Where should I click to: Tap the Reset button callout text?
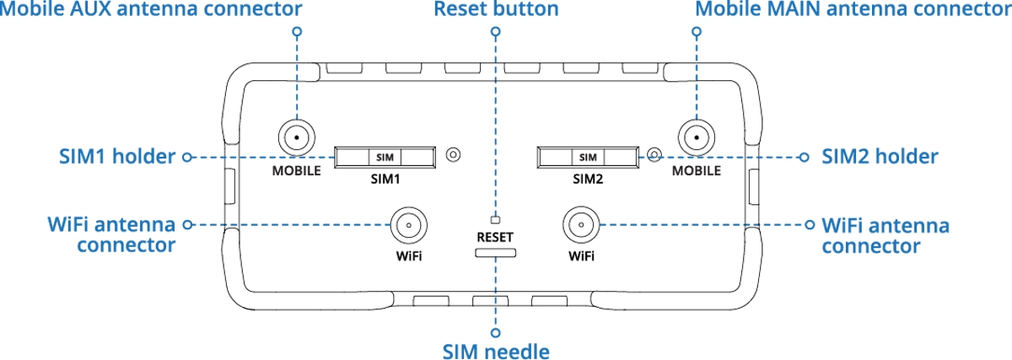pos(496,10)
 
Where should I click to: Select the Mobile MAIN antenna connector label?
pos(853,10)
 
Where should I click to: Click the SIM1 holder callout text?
pos(117,157)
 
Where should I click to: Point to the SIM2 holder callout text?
pos(880,157)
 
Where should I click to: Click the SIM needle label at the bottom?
pos(496,351)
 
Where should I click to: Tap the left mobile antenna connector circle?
pos(296,137)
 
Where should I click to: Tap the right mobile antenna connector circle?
pos(696,137)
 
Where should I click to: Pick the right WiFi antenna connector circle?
pos(581,225)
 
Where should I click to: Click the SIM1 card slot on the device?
pos(385,157)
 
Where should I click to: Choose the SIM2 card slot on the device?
pos(588,157)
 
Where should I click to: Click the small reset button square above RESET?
pos(496,218)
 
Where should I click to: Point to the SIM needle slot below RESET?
pos(496,252)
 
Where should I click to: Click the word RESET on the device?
pos(496,237)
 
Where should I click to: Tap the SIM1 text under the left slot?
pos(385,179)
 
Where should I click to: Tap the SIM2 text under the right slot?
pos(588,179)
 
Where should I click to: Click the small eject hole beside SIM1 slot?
pos(454,154)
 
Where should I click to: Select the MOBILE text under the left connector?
pos(296,170)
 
